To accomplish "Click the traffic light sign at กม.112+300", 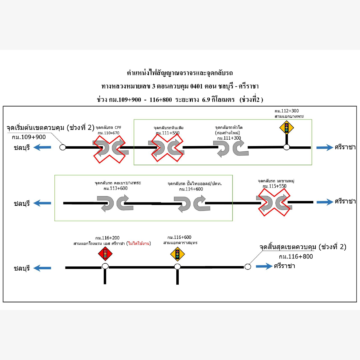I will pyautogui.click(x=286, y=127).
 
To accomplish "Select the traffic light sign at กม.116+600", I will pyautogui.click(x=177, y=255).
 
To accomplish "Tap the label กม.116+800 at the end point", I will pyautogui.click(x=296, y=257).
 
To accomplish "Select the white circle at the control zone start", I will pyautogui.click(x=63, y=147).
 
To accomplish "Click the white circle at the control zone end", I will pyautogui.click(x=247, y=266).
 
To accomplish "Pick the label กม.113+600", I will pyautogui.click(x=116, y=188).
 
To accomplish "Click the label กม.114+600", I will pyautogui.click(x=191, y=189).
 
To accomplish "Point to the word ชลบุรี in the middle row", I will pyautogui.click(x=22, y=203).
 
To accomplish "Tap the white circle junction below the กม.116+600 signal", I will pyautogui.click(x=177, y=266).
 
